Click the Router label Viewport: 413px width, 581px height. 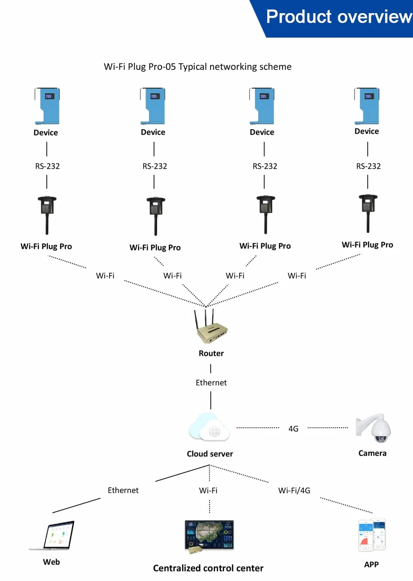coord(211,353)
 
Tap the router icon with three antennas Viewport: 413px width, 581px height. coord(211,326)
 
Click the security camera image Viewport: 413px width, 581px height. coord(373,428)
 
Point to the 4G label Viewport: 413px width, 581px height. coord(293,429)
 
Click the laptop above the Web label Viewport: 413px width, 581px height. coord(52,535)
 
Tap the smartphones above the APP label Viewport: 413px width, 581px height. coord(372,535)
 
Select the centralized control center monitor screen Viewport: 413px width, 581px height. coord(209,536)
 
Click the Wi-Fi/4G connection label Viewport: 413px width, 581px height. coord(294,490)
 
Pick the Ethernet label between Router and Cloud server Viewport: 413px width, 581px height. coord(211,382)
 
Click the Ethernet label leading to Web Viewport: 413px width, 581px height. coord(123,490)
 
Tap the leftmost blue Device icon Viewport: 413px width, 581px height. coord(47,106)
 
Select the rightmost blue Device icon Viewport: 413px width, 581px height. coord(367,106)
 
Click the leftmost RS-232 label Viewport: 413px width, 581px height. coord(48,166)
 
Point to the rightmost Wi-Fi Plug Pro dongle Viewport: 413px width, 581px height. coord(368,213)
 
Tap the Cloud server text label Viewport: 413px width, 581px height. coord(210,454)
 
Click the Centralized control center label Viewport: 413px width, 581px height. coord(208,568)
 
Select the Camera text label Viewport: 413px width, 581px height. coord(372,453)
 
